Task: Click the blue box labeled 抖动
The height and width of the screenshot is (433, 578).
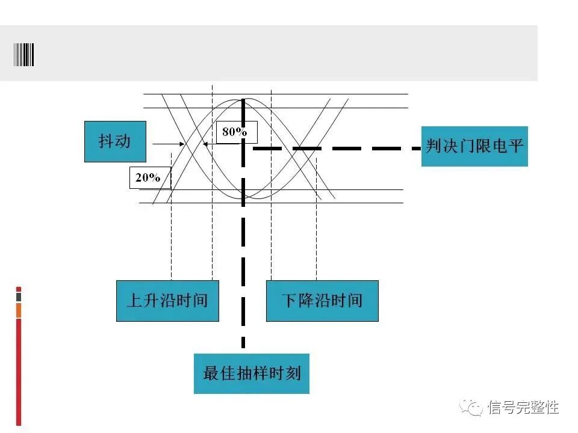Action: [114, 141]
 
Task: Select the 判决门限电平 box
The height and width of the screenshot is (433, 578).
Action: [474, 146]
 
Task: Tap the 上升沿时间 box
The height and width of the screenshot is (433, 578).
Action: [167, 300]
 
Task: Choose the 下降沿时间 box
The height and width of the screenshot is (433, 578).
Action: [322, 300]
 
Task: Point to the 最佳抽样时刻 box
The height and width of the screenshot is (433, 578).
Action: [251, 373]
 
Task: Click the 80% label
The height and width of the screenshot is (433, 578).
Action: [235, 132]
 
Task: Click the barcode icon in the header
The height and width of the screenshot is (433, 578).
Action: [24, 54]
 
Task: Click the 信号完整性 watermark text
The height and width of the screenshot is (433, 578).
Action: [523, 408]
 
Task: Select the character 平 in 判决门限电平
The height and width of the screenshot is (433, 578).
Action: [515, 146]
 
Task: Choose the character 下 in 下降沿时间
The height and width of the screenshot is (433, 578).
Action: [290, 300]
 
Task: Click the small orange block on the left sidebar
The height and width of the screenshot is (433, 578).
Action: [19, 310]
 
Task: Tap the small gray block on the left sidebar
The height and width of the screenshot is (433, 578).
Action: [19, 297]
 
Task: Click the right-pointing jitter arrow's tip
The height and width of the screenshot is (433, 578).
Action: [184, 144]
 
